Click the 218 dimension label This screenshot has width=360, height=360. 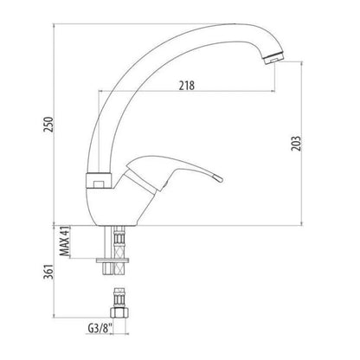point(187,86)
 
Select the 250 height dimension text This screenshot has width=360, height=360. point(48,125)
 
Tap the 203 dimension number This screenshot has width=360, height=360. point(296,143)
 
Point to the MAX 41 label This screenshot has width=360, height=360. point(65,241)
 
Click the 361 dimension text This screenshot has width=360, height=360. point(48,272)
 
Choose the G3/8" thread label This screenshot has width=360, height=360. point(100,329)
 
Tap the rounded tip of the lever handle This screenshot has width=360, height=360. point(218,178)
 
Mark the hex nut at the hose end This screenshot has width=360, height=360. point(119,312)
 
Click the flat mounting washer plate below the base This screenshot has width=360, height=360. point(112,260)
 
